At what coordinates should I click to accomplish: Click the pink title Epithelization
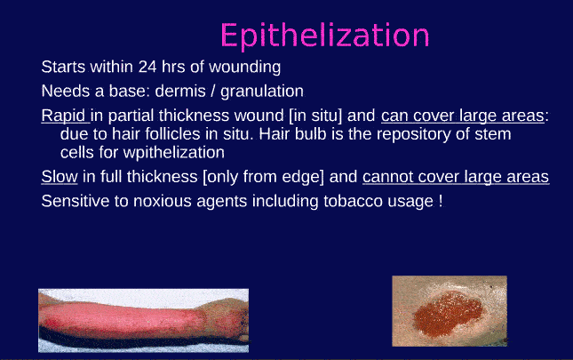pos(324,36)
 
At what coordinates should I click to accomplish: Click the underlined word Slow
pos(59,177)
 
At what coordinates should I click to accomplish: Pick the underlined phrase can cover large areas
pos(463,116)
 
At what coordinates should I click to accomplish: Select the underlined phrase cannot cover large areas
pos(455,177)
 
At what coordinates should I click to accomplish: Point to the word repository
pos(402,134)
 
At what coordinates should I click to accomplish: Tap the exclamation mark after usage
pos(440,201)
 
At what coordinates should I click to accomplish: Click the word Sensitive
pos(74,201)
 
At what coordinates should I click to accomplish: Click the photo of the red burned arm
pos(142,318)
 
